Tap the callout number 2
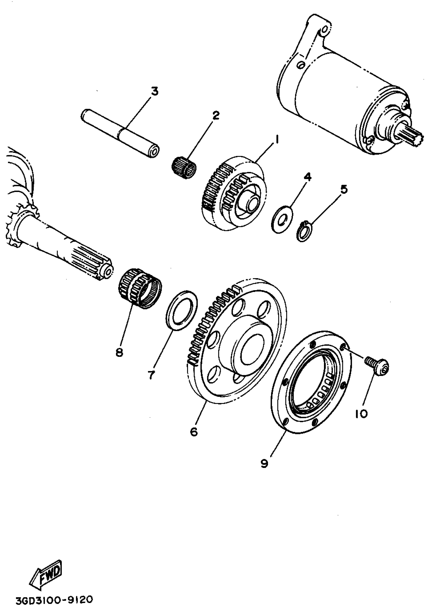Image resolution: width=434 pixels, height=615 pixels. tap(215, 115)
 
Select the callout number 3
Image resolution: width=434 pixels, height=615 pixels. tap(154, 91)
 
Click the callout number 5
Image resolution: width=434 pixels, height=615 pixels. tap(344, 189)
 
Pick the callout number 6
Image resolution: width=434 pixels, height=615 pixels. tap(194, 431)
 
